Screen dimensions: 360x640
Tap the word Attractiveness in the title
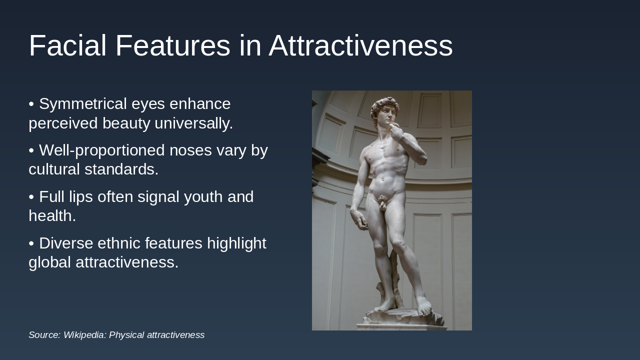(x=360, y=46)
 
